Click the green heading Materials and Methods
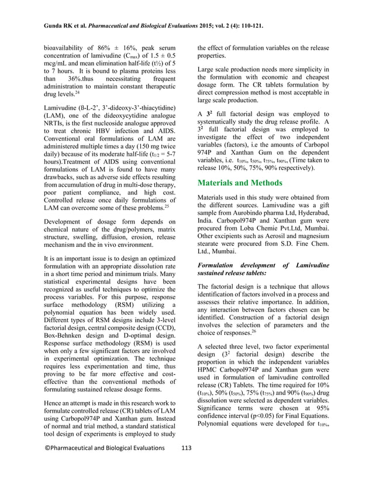240,183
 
